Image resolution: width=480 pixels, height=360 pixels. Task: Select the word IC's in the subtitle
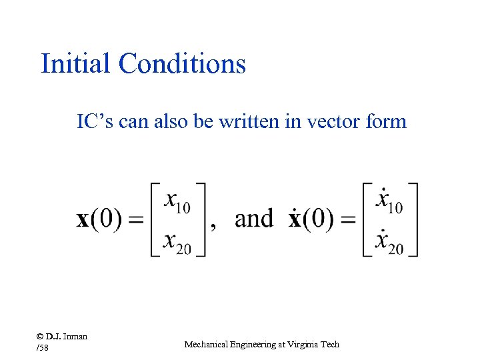[x=96, y=122]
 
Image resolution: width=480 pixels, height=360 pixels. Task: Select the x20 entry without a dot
[x=177, y=243]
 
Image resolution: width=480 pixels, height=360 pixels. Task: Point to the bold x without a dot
[x=83, y=221]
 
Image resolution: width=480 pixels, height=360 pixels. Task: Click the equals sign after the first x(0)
[x=136, y=221]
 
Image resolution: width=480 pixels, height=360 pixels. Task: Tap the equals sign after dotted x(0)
[x=347, y=221]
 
